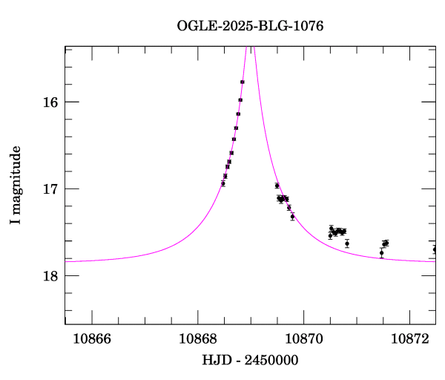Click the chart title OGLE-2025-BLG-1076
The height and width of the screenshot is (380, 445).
coord(250,25)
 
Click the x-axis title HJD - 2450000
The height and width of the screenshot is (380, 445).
coord(250,360)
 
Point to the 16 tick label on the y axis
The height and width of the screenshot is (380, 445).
coord(50,102)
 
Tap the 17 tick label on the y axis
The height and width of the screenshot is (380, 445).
coord(50,189)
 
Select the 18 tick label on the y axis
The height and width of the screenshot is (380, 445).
coord(50,275)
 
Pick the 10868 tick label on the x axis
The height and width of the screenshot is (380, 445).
coord(198,338)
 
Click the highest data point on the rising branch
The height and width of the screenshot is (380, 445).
coord(243,82)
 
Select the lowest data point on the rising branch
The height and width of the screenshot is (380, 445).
coord(223,183)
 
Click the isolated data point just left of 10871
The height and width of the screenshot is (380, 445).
coord(347,243)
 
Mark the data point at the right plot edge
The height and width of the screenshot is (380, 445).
coord(435,249)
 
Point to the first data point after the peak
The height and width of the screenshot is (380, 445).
coord(277,186)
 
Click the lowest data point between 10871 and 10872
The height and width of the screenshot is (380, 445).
coord(381,253)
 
